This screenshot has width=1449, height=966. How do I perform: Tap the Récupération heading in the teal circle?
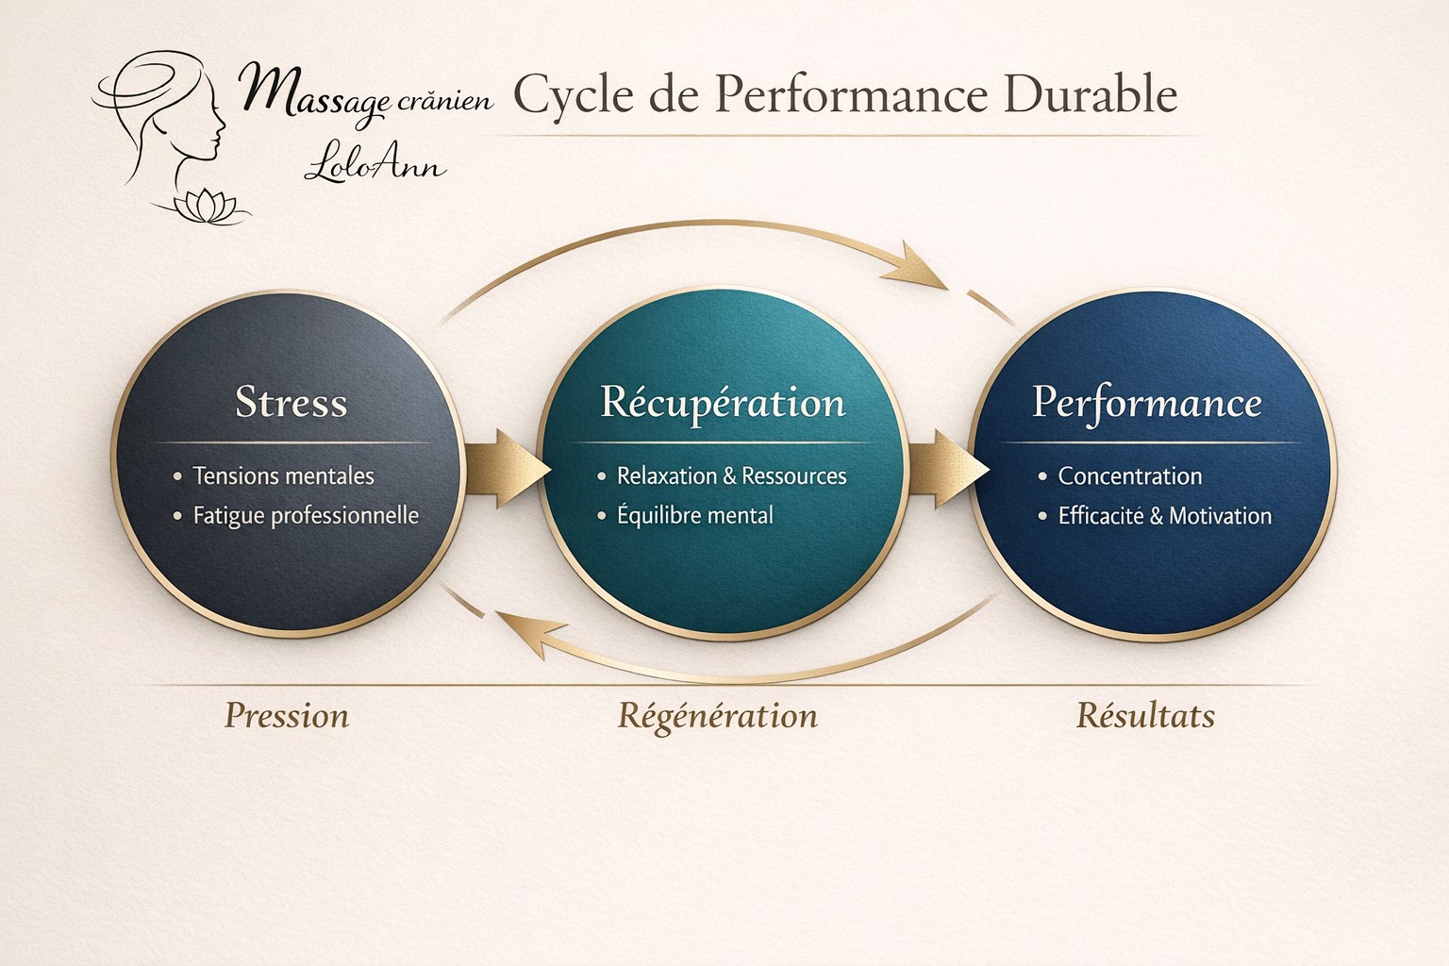(723, 403)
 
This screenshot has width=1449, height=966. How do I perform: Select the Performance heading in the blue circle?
(1146, 403)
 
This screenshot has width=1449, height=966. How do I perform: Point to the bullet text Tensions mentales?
(283, 476)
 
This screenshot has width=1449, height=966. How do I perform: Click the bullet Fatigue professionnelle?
(306, 516)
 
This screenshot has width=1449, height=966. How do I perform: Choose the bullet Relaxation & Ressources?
(732, 476)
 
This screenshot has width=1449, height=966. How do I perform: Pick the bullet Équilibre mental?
(694, 515)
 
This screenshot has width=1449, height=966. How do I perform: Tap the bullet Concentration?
(1130, 476)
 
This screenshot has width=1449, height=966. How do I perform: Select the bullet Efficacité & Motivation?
(1164, 516)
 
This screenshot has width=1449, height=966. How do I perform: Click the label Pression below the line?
(287, 716)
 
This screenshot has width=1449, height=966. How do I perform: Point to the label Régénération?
(717, 717)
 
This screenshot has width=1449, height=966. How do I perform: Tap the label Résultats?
(1145, 716)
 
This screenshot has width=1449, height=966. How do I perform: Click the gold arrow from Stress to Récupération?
(507, 468)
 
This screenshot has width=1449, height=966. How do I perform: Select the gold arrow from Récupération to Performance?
(948, 468)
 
